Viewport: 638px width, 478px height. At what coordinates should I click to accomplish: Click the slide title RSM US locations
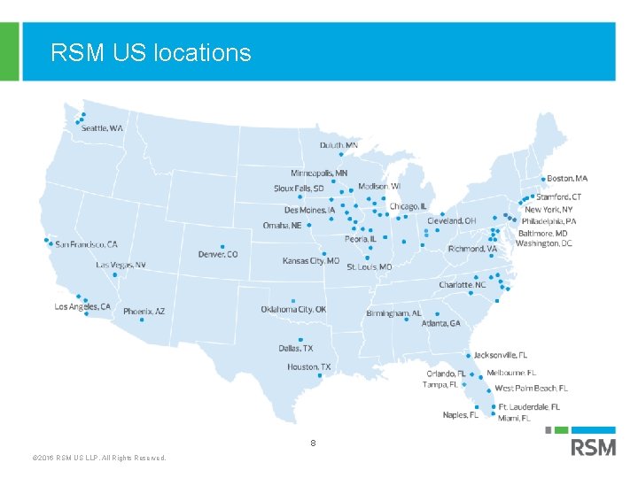point(151,53)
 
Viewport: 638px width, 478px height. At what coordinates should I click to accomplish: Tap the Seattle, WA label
point(102,128)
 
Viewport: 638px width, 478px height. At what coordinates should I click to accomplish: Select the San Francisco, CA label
point(86,244)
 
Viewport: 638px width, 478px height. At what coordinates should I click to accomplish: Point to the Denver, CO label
point(218,255)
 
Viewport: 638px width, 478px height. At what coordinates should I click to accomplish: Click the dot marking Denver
point(222,247)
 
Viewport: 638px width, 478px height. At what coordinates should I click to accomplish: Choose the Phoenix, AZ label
point(144,312)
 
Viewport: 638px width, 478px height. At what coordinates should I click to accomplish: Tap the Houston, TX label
point(308,366)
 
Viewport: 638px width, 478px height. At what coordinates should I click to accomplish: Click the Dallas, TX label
point(295,349)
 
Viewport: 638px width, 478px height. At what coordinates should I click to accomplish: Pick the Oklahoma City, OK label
point(293,310)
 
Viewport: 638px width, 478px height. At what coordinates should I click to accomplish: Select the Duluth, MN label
point(339,145)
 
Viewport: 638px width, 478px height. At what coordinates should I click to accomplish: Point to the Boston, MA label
point(567,179)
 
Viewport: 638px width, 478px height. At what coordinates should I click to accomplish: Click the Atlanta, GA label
point(440,324)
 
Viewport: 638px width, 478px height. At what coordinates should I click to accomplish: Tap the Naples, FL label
point(460,415)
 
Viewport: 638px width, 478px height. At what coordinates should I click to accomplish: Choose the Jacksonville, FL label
point(500,356)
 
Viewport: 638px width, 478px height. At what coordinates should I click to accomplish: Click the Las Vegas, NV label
point(121,266)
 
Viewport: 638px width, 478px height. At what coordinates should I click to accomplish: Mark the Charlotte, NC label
point(463,285)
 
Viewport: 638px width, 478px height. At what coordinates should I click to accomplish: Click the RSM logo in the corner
point(593,446)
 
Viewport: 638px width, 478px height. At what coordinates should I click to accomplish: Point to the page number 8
point(313,442)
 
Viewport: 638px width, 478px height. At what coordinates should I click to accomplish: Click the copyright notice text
point(98,458)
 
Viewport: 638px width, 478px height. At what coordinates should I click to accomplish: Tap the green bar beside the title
point(9,51)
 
